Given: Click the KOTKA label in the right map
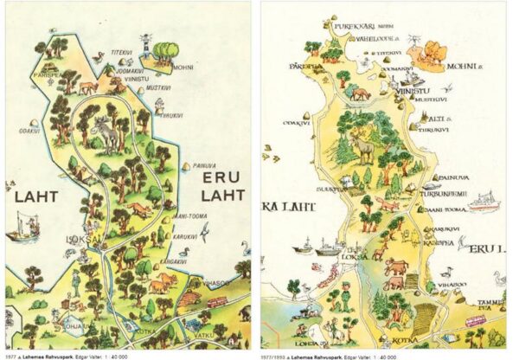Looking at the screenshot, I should coord(406,339).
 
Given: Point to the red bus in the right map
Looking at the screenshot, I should coord(475,321).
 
